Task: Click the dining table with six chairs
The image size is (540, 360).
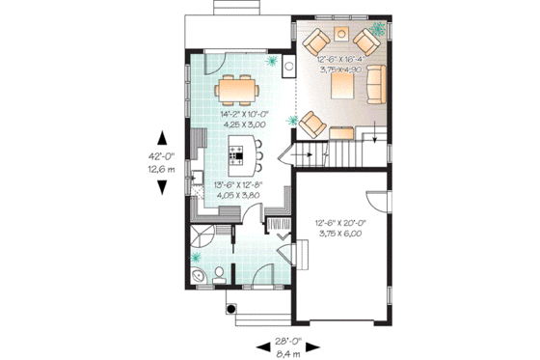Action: point(235,90)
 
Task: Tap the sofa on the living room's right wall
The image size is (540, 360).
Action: point(374,84)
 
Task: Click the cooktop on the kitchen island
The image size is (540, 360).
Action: point(238,152)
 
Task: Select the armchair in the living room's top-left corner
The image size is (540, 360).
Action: point(315,42)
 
